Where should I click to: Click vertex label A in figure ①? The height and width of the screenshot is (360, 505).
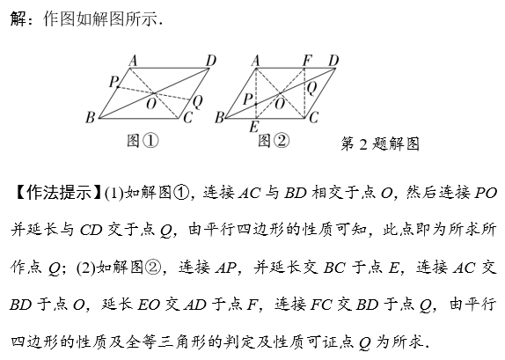[x=133, y=61]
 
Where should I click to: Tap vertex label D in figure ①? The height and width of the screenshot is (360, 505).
[x=211, y=61]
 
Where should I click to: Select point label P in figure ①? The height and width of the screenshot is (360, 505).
[x=113, y=82]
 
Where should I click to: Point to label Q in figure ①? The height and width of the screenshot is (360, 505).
[x=197, y=102]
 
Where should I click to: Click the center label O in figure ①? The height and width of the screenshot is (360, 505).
[x=151, y=104]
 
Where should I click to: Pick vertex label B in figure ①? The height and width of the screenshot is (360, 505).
[x=90, y=118]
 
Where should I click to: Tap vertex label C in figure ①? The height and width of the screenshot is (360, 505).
[x=187, y=118]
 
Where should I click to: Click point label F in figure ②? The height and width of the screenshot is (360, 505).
[x=308, y=61]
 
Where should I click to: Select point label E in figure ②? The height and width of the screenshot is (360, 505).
[x=253, y=127]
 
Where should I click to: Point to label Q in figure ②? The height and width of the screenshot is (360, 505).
[x=311, y=88]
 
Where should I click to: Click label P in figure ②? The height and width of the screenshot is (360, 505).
[x=247, y=99]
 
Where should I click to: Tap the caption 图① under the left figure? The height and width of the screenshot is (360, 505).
[x=143, y=141]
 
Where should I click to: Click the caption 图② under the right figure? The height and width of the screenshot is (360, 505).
[x=274, y=141]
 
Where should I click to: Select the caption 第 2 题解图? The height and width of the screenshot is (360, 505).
[x=380, y=143]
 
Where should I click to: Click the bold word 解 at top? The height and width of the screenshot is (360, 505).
[x=18, y=18]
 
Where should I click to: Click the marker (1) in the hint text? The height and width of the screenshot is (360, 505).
[x=114, y=194]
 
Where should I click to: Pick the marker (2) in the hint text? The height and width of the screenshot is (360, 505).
[x=86, y=268]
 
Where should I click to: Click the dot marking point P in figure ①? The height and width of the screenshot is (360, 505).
[x=118, y=87]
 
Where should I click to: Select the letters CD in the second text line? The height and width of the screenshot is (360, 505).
[x=91, y=230]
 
